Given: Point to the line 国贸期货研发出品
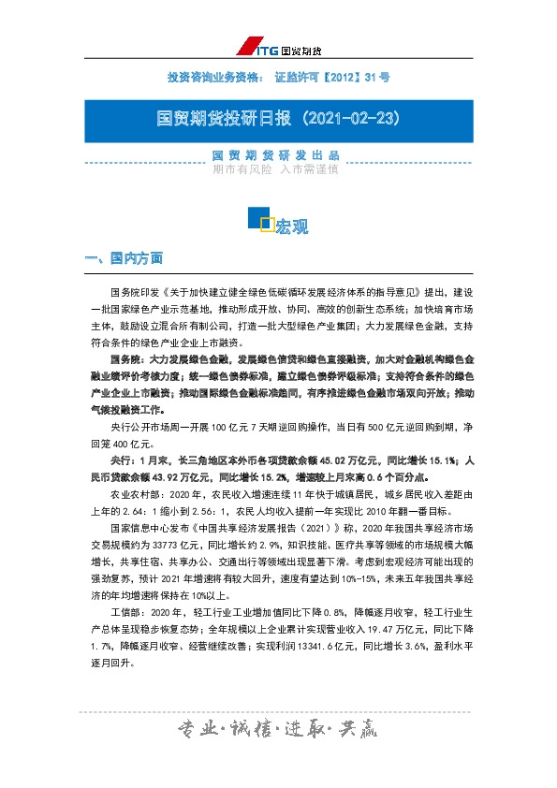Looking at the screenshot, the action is (x=276, y=154).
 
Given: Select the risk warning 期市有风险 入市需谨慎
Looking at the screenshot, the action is (x=275, y=170).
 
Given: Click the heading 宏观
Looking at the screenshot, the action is (x=292, y=226).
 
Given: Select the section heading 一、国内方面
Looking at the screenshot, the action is (x=124, y=258).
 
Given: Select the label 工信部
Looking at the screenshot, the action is (x=122, y=613).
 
